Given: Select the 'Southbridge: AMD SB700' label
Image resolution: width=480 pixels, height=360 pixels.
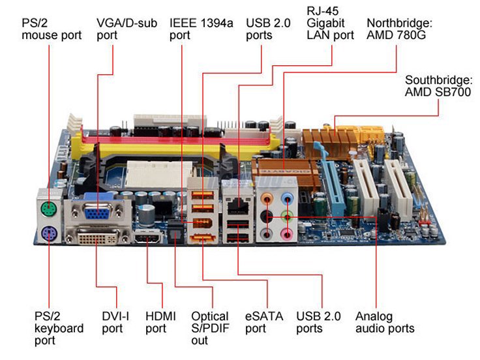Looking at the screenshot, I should tap(438, 86).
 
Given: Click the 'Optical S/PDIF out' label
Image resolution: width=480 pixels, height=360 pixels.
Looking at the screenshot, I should tap(209, 328).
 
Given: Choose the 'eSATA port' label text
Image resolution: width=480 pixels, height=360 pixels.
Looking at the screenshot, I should tap(264, 322).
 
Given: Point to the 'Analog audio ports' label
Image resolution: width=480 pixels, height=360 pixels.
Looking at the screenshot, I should tap(385, 322).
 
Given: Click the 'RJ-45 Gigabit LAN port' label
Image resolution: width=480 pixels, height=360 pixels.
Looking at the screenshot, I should tap(330, 23).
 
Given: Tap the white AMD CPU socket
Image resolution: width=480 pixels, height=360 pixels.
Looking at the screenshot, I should tap(153, 177).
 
